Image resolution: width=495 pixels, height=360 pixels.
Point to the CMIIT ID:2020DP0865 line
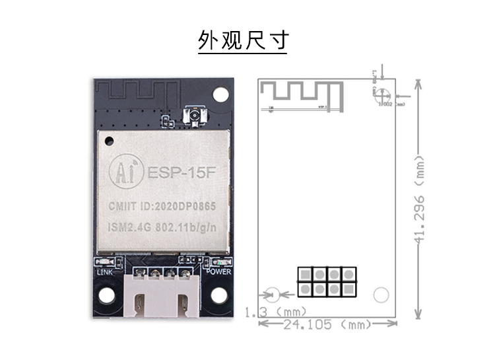[x=162, y=207]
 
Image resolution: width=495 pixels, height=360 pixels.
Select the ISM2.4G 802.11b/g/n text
[x=162, y=228]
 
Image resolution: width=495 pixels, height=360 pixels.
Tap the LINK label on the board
[x=106, y=271]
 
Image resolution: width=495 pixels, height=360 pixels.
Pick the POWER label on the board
[x=218, y=271]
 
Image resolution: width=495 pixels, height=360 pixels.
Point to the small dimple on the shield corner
[x=108, y=139]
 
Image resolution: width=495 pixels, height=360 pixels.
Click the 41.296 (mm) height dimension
[x=418, y=198]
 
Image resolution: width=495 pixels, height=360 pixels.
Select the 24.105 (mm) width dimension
[x=327, y=325]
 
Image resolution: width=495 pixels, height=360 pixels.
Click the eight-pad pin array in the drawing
[x=327, y=282]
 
